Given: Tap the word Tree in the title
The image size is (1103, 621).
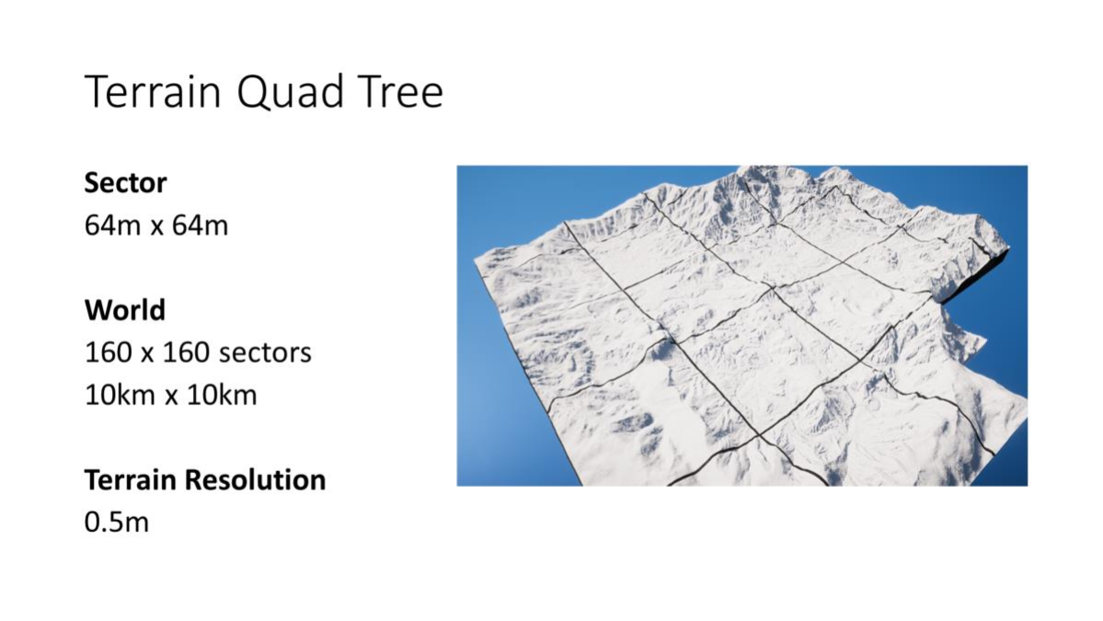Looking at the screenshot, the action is [400, 92].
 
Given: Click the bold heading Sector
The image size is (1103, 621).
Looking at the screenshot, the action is [125, 183].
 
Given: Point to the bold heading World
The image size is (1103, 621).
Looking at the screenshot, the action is [124, 310].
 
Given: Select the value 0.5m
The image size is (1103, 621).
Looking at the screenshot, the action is [117, 523].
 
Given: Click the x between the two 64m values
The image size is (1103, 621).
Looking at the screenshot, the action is [156, 228].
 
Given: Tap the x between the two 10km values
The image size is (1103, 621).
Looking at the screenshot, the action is [171, 397].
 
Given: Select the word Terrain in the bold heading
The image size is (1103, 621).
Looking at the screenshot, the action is [131, 480].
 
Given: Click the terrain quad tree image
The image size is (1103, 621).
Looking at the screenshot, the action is [742, 326].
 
